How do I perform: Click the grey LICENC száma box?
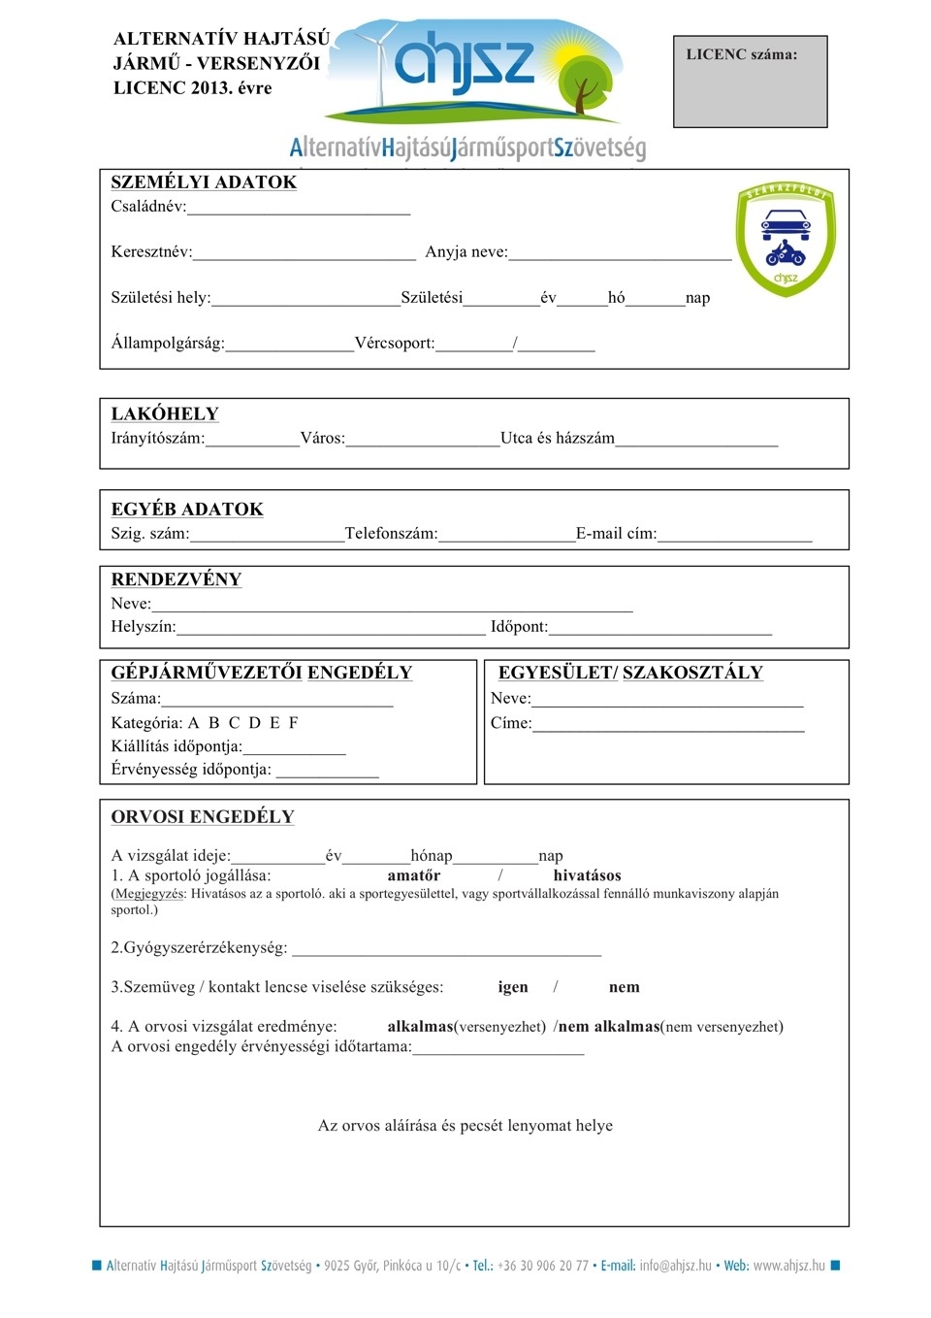point(750,82)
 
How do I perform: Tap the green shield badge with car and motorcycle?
point(786,238)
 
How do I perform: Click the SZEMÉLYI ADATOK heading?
point(204,182)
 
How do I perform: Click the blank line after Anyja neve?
point(620,254)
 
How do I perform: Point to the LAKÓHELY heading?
point(165,414)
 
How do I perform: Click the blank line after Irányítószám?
point(252,441)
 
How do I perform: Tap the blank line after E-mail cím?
point(734,536)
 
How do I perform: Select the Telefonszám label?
point(391,534)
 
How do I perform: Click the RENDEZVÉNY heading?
point(177,579)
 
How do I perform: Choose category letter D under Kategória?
point(254,723)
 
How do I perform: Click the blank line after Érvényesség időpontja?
point(327,772)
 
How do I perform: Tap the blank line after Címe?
point(668,725)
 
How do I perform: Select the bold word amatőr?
point(414,875)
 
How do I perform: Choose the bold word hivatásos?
point(587,875)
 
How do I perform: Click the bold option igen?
point(513,987)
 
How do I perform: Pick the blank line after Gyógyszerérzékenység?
point(446,950)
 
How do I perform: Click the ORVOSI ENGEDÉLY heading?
point(203,817)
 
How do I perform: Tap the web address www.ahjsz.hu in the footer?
point(788,1266)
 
